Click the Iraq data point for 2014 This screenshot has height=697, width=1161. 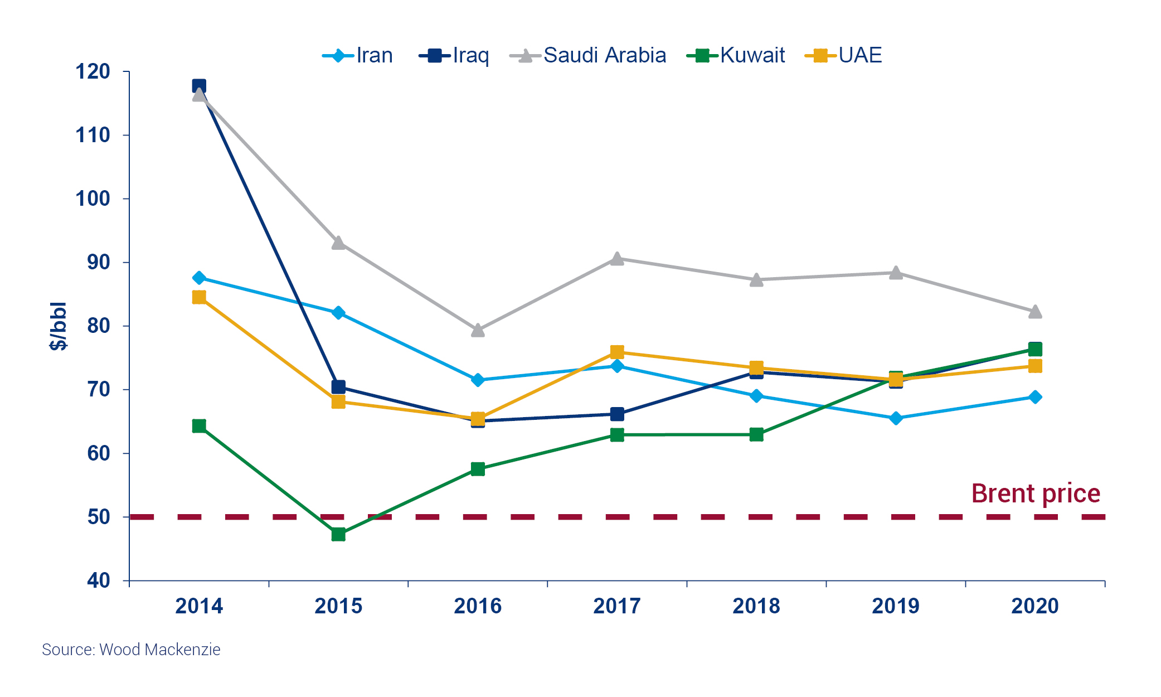pyautogui.click(x=199, y=86)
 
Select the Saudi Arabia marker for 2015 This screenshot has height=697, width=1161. pyautogui.click(x=338, y=243)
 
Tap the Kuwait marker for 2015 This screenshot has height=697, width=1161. pyautogui.click(x=338, y=534)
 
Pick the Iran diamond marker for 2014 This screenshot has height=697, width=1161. pyautogui.click(x=199, y=278)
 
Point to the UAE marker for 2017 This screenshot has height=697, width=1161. pyautogui.click(x=617, y=352)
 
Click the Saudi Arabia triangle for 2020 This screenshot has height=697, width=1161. pyautogui.click(x=1035, y=312)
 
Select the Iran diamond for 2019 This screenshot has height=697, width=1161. pyautogui.click(x=896, y=418)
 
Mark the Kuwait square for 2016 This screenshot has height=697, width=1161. pyautogui.click(x=478, y=469)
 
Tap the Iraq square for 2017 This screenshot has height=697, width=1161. pyautogui.click(x=617, y=414)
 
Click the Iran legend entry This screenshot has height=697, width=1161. pyautogui.click(x=358, y=55)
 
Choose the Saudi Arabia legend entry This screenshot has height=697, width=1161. pyautogui.click(x=588, y=55)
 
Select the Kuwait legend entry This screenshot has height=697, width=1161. pyautogui.click(x=736, y=55)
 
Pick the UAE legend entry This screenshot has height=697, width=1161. pyautogui.click(x=844, y=55)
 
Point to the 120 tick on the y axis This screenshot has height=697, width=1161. pyautogui.click(x=93, y=71)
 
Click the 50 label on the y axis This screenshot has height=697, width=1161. pyautogui.click(x=99, y=517)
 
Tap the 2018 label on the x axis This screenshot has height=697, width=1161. pyautogui.click(x=756, y=606)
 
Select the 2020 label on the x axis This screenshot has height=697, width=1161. pyautogui.click(x=1035, y=606)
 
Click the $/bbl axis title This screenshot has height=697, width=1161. pyautogui.click(x=58, y=326)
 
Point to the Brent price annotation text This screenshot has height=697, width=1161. pyautogui.click(x=1036, y=493)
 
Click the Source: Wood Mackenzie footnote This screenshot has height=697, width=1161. pyautogui.click(x=131, y=650)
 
